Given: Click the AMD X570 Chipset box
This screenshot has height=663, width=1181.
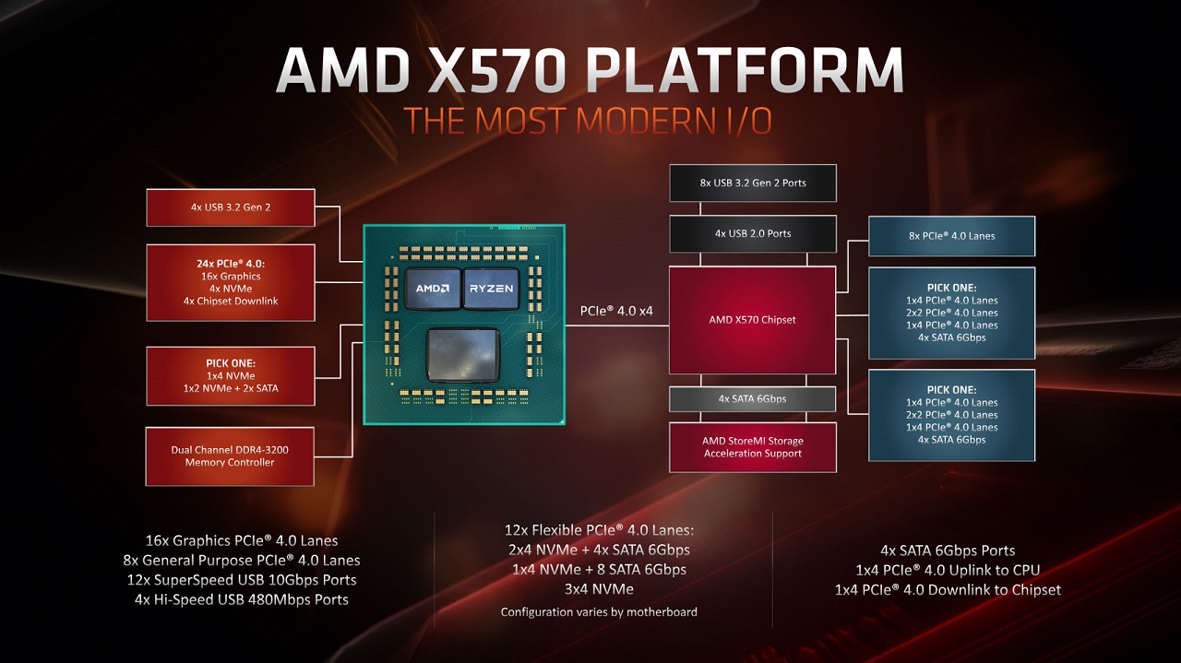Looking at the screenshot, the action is coord(752,320).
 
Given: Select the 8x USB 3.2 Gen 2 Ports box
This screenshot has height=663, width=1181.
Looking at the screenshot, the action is coord(753,183).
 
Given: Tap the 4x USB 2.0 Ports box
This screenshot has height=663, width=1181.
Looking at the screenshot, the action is coord(753,233).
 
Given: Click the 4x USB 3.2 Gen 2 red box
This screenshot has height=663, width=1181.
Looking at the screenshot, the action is coord(231,207).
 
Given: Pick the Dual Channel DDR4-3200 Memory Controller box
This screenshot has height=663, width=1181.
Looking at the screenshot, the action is coord(230,456).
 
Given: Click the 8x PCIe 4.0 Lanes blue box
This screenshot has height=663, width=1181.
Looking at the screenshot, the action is coord(951,236).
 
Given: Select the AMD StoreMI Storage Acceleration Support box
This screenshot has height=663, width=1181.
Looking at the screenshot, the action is coord(753,447).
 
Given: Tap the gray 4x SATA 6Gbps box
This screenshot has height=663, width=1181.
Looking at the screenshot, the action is coord(753,399).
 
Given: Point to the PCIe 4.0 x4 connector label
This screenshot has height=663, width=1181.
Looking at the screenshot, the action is coord(616,311).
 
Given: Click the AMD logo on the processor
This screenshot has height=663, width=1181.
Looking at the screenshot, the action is coord(433,289).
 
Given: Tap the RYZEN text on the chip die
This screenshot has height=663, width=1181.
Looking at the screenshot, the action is coord(491,289).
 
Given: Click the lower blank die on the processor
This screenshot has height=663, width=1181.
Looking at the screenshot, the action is coord(463,355).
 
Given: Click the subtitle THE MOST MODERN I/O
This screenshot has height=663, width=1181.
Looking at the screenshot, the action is coord(588,121).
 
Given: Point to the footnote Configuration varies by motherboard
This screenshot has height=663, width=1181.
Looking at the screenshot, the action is coord(599,612).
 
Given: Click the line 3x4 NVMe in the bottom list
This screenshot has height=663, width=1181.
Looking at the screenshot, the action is coord(599,588).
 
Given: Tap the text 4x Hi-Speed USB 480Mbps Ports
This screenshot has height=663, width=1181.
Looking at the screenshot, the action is coord(242,599).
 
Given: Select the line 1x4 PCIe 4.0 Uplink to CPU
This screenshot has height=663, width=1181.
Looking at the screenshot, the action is coord(948,570).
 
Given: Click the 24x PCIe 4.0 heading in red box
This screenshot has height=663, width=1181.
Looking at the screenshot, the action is coord(231,264).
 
